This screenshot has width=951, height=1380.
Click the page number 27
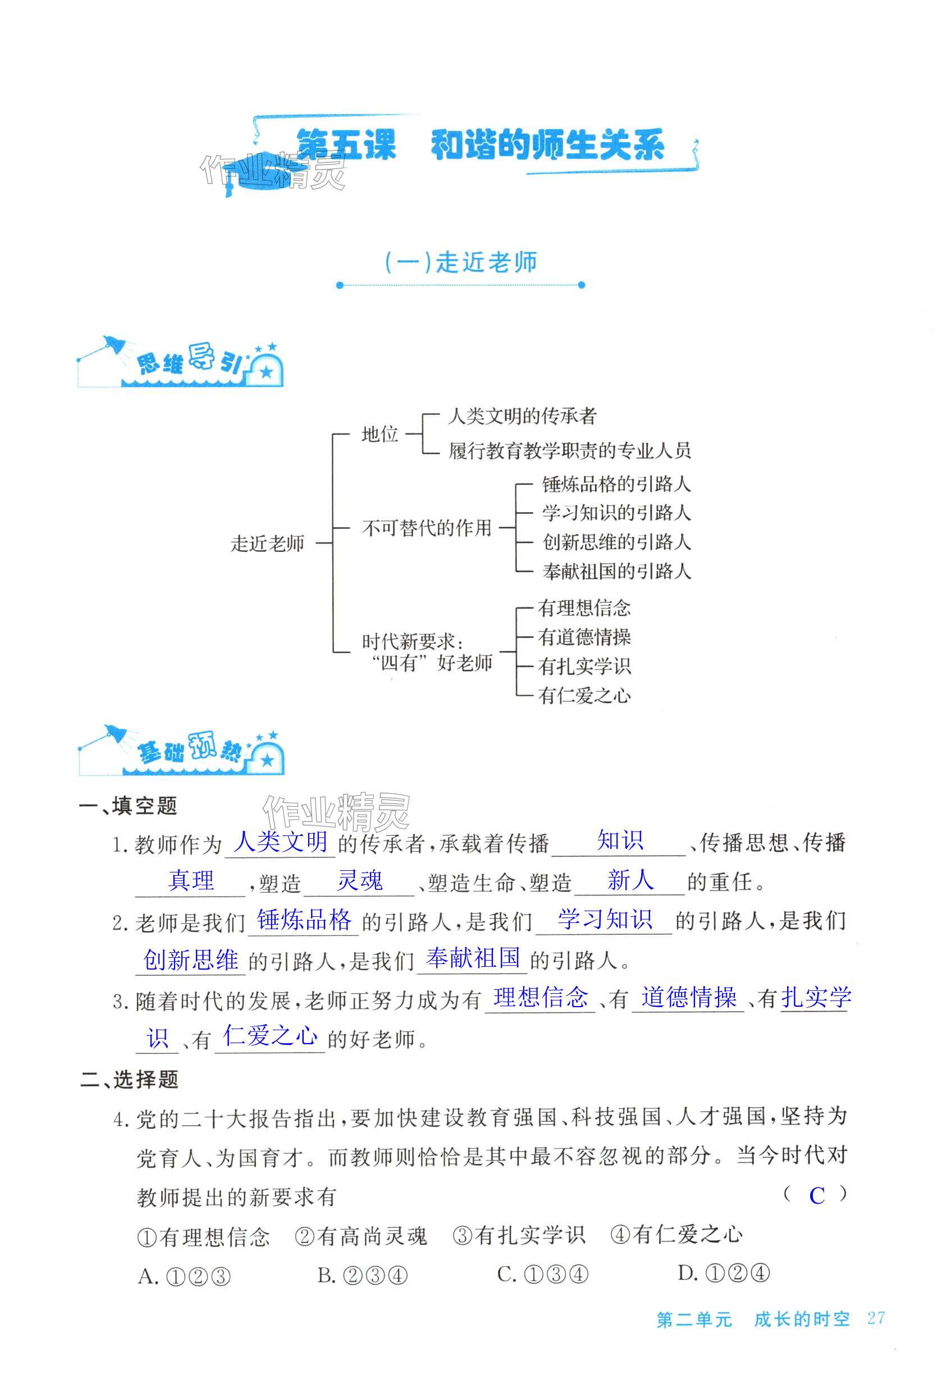click(x=875, y=1318)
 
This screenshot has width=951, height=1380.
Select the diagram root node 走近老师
click(x=268, y=543)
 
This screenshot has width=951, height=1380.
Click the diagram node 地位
click(x=380, y=434)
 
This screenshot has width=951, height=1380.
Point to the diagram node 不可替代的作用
click(x=427, y=527)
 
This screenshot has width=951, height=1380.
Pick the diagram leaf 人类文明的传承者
click(x=522, y=416)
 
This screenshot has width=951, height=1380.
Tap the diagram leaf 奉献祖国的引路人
click(x=616, y=571)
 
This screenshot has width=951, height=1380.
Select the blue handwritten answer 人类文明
click(x=281, y=841)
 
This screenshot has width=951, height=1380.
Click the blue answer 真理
click(x=191, y=880)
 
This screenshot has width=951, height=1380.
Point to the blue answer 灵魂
click(x=359, y=880)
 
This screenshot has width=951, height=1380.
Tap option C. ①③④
click(x=542, y=1274)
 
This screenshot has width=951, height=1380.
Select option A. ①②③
click(x=184, y=1275)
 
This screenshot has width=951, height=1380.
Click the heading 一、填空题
click(x=128, y=806)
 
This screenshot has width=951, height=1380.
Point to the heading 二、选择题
click(x=129, y=1079)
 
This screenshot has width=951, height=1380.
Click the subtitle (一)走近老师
click(x=460, y=262)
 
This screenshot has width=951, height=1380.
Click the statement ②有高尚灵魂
click(x=361, y=1236)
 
